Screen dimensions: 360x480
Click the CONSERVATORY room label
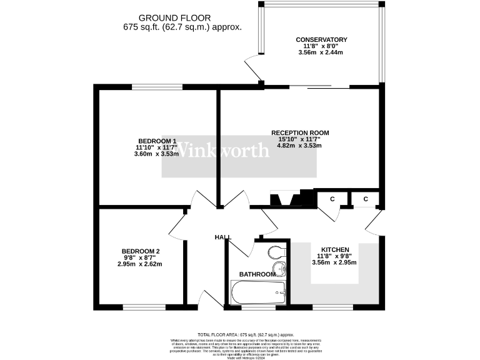pos(321,40)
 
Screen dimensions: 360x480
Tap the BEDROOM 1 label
pos(157,141)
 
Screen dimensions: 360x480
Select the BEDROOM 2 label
pos(141,251)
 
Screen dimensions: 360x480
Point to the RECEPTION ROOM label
pos(300,133)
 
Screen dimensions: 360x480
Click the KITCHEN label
pos(334,249)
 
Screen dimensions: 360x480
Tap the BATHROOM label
pos(257,274)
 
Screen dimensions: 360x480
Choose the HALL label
pos(222,237)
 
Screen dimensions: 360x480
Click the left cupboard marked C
pos(332,199)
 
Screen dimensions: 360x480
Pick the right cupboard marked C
pos(366,199)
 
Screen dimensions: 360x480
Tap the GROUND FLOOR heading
pos(174,18)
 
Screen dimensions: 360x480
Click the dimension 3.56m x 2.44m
pos(321,52)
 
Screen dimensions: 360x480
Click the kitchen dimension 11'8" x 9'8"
pos(334,256)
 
